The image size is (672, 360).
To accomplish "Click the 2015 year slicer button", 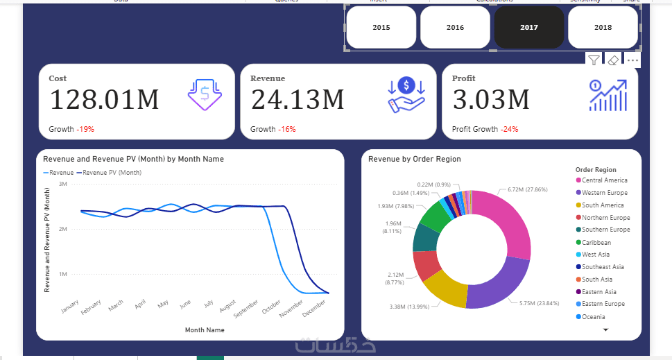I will click(x=381, y=28).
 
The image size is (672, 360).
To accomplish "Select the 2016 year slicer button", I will click(x=455, y=28).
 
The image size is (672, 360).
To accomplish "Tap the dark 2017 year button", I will click(x=528, y=28).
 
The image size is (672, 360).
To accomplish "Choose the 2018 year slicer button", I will click(x=603, y=28).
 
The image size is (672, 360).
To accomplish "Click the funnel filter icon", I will click(x=594, y=60).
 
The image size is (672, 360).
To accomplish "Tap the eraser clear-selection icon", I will click(x=613, y=60).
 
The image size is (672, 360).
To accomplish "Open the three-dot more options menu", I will click(x=632, y=60).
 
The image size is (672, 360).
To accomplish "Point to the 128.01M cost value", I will click(x=104, y=100).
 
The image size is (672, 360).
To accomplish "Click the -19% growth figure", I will click(x=85, y=129).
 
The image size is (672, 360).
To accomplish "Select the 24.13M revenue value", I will click(x=298, y=100).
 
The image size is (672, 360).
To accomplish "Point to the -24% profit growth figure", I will click(x=509, y=129).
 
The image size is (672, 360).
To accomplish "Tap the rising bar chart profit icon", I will click(x=608, y=96).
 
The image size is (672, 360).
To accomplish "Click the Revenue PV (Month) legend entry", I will click(x=112, y=173).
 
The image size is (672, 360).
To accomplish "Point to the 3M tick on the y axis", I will click(x=62, y=185).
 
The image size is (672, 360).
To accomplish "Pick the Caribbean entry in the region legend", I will click(x=596, y=243).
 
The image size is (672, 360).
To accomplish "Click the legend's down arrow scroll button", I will click(x=605, y=330).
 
